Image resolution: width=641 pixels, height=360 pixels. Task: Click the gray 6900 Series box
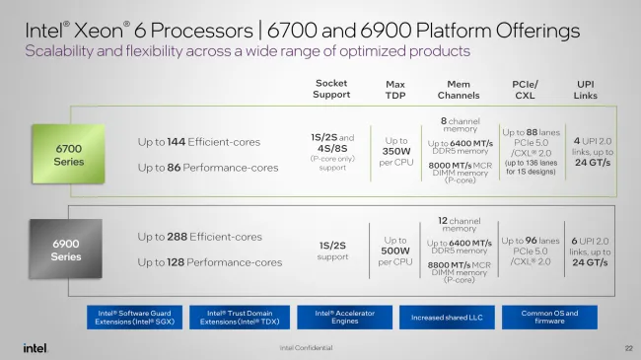[x=67, y=250]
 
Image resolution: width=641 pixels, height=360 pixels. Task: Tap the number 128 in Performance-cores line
[x=182, y=262]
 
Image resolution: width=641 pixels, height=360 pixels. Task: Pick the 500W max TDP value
[x=394, y=250]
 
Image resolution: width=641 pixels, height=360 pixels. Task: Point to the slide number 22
[x=627, y=347]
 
